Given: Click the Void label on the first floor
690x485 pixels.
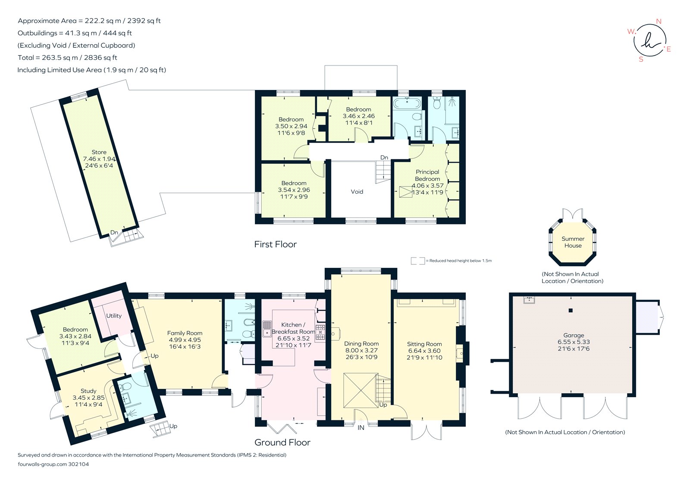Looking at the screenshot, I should click(357, 192).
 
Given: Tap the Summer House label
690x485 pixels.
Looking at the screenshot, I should click(573, 242).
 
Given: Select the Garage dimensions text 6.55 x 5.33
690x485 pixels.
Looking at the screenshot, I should click(573, 342).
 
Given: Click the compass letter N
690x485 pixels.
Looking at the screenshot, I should click(659, 22).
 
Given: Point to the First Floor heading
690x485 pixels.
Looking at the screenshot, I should click(275, 244).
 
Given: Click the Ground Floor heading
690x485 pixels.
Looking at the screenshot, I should click(282, 442).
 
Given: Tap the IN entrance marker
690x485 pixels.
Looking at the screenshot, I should click(361, 428).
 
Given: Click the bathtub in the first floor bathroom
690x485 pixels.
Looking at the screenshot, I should click(407, 104).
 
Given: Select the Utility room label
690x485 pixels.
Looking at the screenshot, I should click(114, 316).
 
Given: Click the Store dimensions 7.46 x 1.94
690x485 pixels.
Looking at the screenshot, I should click(99, 159).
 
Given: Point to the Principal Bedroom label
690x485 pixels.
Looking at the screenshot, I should click(427, 175).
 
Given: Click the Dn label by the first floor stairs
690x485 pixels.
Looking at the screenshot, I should click(384, 158).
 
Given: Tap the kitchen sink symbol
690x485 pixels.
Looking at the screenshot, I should click(267, 329).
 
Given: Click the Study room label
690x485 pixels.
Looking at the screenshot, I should click(88, 391).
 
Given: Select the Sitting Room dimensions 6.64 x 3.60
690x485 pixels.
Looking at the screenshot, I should click(424, 351).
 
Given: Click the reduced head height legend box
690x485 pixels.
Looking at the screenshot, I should click(417, 261).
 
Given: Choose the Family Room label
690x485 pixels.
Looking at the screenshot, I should click(185, 333).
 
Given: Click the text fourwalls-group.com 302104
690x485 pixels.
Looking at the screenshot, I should click(53, 464).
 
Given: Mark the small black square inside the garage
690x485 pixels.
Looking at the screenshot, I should click(571, 311).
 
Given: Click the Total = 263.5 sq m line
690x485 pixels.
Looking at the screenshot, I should click(67, 58).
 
